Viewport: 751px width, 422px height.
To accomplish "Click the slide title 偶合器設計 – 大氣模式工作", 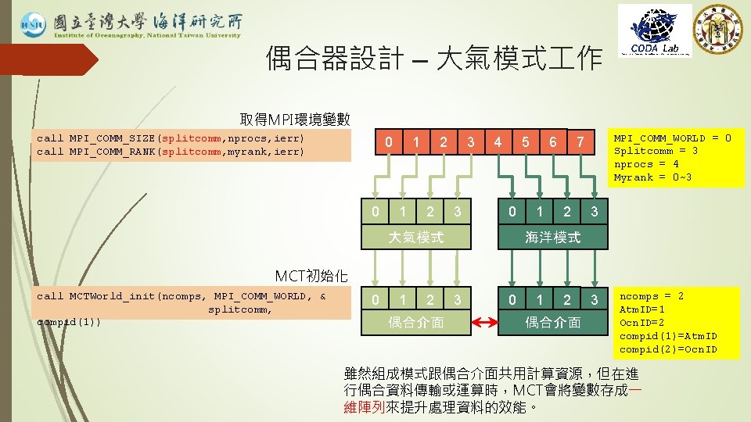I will pyautogui.click(x=433, y=58).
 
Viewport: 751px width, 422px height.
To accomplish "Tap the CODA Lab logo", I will pyautogui.click(x=655, y=31).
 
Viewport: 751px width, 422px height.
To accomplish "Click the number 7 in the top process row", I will pyautogui.click(x=579, y=142).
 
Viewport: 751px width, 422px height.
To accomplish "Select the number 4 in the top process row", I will pyautogui.click(x=498, y=142).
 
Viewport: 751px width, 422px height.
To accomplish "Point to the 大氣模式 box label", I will pyautogui.click(x=416, y=237).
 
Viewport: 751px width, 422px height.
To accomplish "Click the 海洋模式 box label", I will pyautogui.click(x=552, y=237).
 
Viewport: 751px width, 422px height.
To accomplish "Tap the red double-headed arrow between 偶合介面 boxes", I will pyautogui.click(x=484, y=322).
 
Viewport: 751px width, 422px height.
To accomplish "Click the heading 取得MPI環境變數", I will pyautogui.click(x=294, y=120).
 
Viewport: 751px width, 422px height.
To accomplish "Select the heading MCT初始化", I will pyautogui.click(x=313, y=275).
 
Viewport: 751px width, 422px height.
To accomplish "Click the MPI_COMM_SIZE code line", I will pyautogui.click(x=171, y=138).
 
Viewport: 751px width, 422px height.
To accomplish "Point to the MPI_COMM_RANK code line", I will pyautogui.click(x=171, y=151).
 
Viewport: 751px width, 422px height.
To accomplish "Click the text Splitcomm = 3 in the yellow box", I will pyautogui.click(x=656, y=151).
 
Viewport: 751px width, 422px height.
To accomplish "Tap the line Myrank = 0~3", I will pyautogui.click(x=652, y=177).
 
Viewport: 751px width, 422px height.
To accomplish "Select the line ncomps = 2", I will pyautogui.click(x=652, y=296).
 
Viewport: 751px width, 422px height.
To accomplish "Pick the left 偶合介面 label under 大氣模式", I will pyautogui.click(x=416, y=322).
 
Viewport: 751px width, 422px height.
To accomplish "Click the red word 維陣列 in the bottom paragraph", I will pyautogui.click(x=364, y=407).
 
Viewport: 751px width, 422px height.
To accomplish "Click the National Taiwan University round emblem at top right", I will pyautogui.click(x=718, y=29).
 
